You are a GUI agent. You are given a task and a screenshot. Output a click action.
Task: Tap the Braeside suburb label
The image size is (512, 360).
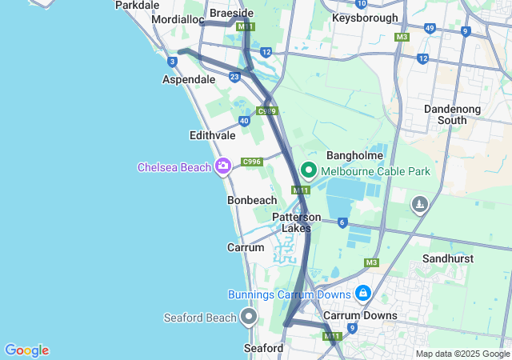[231, 13]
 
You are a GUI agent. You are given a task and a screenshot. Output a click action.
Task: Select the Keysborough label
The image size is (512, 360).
[365, 17]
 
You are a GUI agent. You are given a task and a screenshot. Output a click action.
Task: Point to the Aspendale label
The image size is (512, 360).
[189, 80]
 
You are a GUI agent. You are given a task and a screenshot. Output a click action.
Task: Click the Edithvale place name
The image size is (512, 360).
[212, 136]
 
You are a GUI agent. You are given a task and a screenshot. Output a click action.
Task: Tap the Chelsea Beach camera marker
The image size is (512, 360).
[223, 166]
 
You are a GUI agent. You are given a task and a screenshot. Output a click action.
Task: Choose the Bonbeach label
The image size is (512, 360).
[252, 200]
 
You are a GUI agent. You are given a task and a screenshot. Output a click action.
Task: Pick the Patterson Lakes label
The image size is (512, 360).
[297, 222]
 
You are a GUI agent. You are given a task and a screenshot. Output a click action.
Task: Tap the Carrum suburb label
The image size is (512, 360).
[246, 248]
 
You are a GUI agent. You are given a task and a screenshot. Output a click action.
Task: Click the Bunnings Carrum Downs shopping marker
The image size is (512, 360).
[363, 294]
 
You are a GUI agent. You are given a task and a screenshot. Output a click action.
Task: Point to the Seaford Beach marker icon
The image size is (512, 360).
[249, 318]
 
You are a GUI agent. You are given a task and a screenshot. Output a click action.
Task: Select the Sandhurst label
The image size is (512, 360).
[450, 259]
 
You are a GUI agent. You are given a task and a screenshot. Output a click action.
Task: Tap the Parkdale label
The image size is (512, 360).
[138, 5]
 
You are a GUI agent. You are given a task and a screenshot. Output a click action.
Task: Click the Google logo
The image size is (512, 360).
[26, 350]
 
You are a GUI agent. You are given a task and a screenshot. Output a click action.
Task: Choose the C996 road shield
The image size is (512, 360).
[253, 161]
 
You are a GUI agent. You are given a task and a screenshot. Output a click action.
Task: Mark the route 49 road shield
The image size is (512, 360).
[430, 29]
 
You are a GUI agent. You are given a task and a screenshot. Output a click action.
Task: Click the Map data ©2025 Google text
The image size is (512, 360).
[462, 354]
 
